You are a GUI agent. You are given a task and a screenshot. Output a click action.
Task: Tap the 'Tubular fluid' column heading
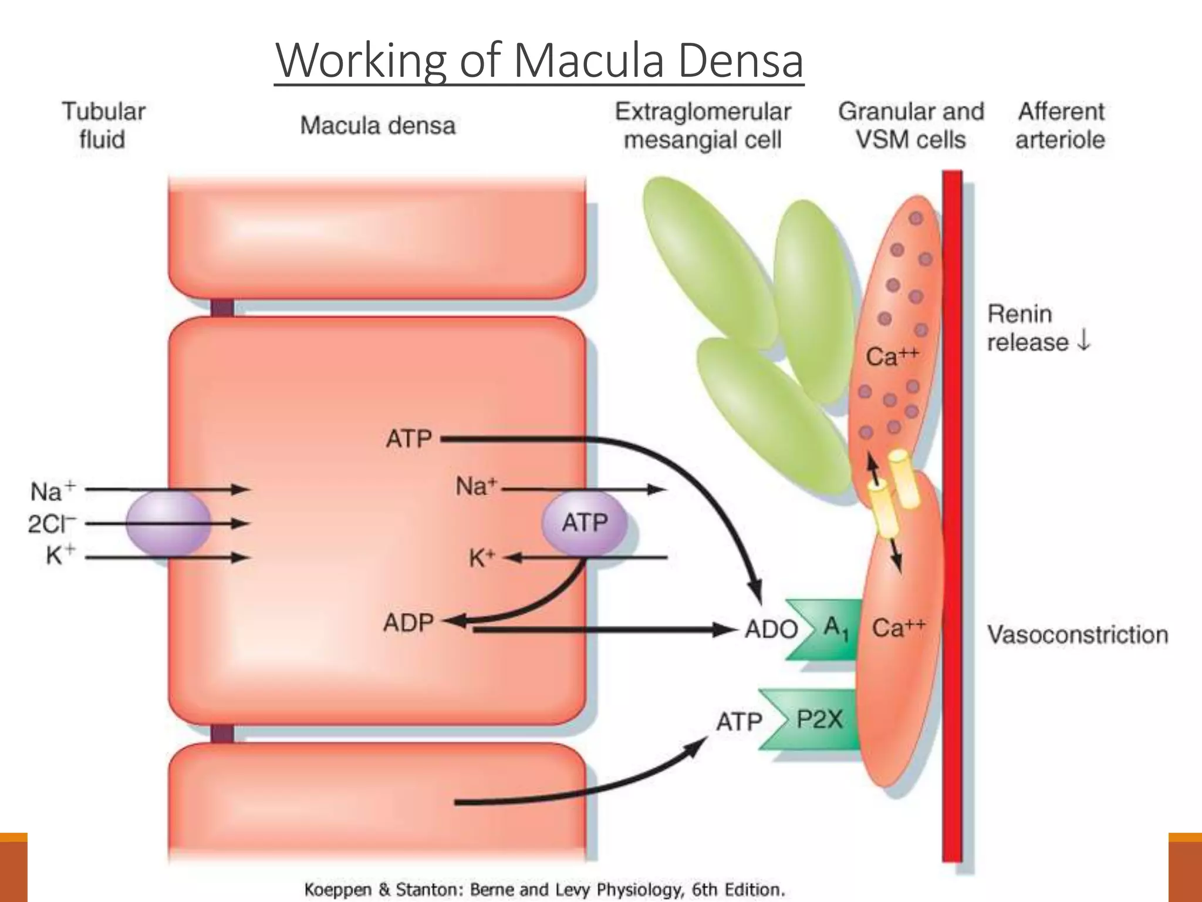pos(103,125)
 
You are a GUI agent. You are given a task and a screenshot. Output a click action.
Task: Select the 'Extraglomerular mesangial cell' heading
pos(703,125)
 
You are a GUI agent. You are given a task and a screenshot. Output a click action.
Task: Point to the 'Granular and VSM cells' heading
pos(910,125)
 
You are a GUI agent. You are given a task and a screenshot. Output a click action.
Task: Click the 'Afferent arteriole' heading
pos(1061,125)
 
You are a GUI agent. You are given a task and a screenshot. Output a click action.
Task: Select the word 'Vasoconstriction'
pos(1078,635)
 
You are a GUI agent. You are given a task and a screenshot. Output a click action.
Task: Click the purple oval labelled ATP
pos(583,523)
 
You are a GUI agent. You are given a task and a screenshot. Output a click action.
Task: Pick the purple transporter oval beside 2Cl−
pos(168,523)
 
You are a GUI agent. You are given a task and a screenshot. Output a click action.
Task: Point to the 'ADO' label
pos(771,630)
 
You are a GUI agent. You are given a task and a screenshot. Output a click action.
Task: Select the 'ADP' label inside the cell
pos(408,622)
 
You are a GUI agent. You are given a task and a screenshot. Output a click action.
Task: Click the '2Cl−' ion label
pos(52,523)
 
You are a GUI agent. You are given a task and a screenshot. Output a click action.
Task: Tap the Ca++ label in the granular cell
pos(892,356)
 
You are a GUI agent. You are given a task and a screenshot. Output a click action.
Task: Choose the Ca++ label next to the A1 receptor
pos(898,628)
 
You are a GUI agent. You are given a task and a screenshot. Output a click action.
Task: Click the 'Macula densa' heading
pos(377,126)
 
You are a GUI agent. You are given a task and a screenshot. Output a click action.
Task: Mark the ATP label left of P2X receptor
pos(739,721)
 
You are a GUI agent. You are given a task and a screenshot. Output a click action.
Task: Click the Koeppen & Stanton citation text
pos(544,890)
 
